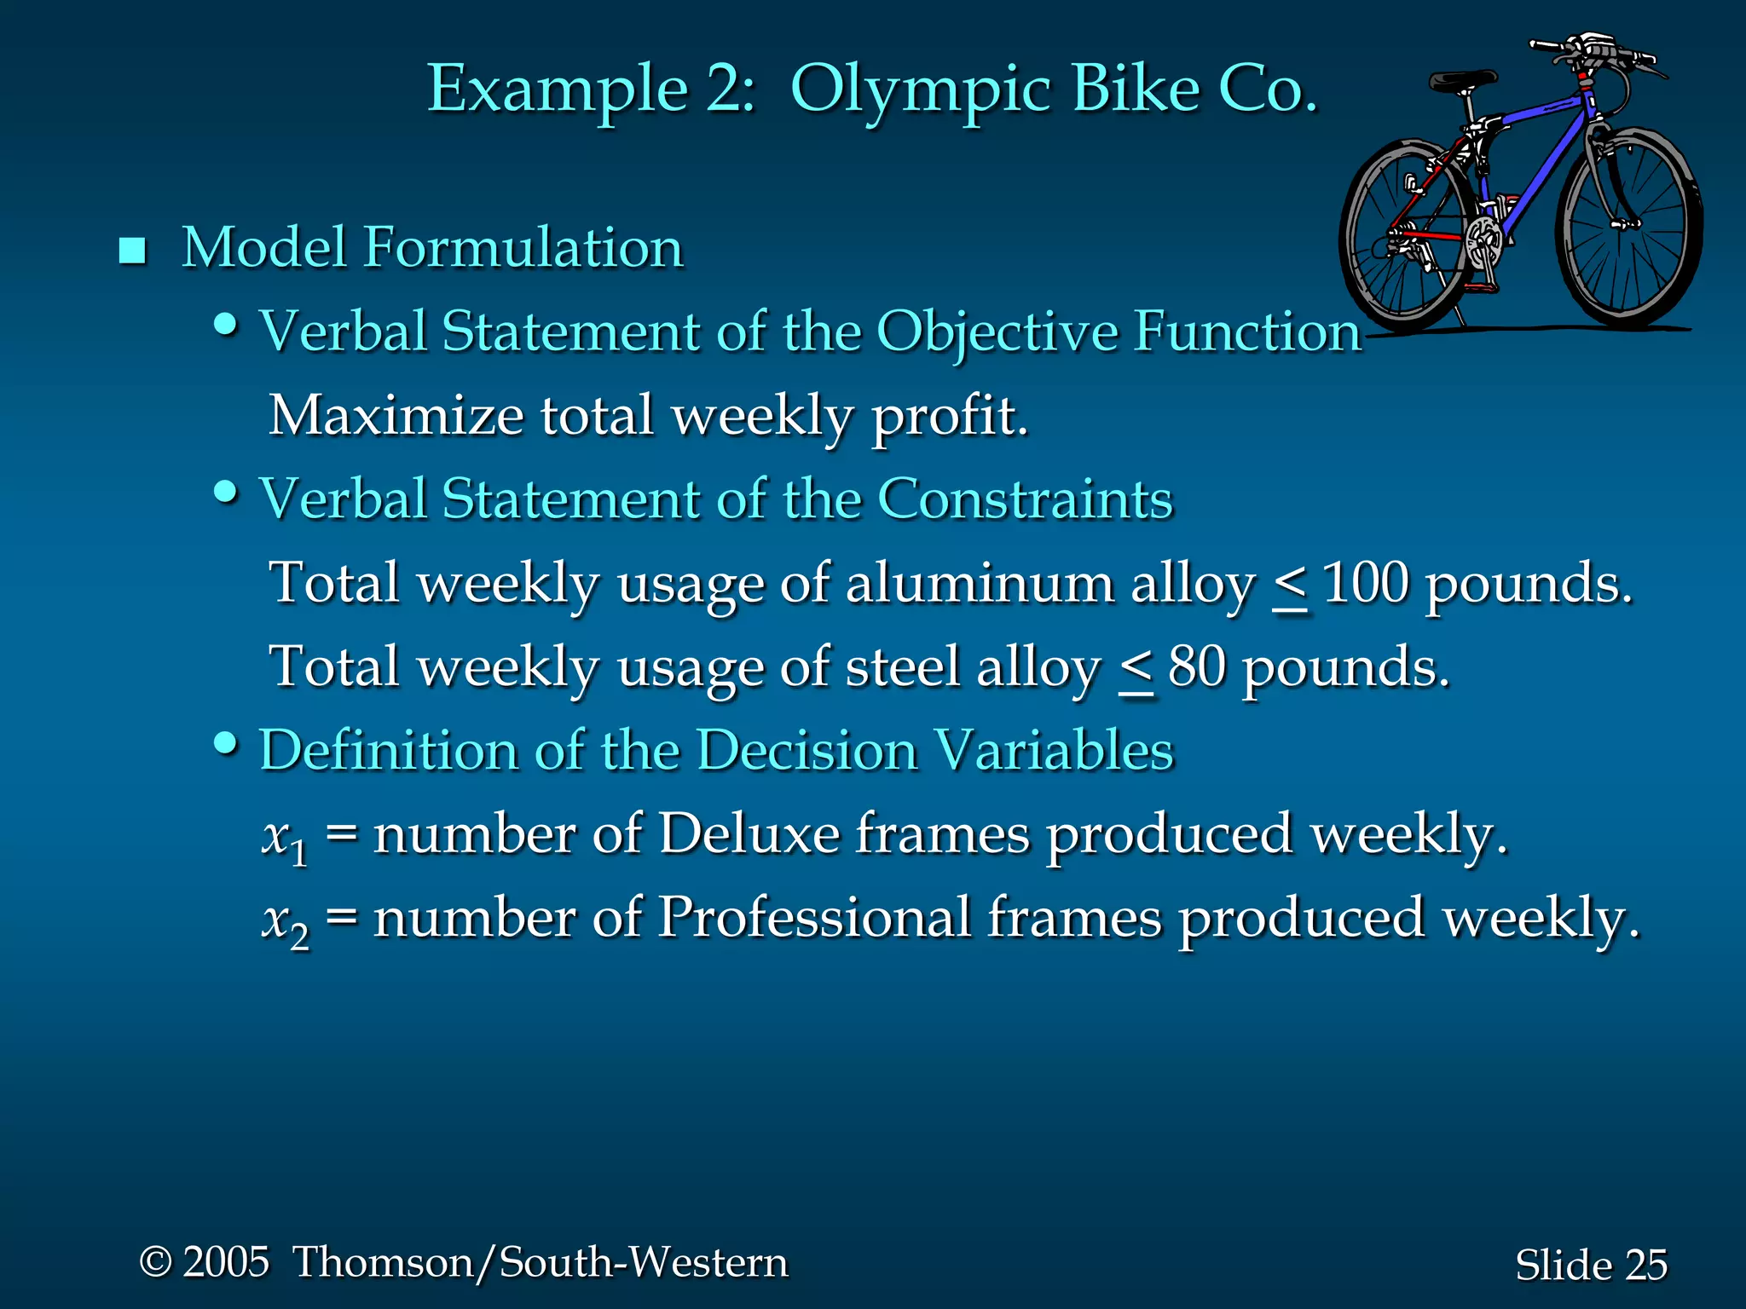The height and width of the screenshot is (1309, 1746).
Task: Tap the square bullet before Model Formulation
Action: tap(132, 251)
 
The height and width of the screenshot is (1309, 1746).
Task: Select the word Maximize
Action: tap(396, 418)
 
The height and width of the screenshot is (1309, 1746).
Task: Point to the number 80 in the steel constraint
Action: tap(1197, 667)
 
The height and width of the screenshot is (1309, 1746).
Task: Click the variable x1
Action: tap(284, 837)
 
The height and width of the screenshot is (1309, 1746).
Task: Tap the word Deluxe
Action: tap(749, 833)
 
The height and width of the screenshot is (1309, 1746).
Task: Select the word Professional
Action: tap(814, 919)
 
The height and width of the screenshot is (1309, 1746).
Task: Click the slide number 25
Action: tap(1646, 1265)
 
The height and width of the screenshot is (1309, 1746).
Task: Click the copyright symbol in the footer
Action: tap(155, 1262)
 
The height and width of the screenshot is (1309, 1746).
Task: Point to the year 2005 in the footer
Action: tap(226, 1262)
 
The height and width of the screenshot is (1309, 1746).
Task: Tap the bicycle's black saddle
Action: tap(1461, 82)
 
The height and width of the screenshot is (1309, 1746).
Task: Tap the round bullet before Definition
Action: tap(225, 743)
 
